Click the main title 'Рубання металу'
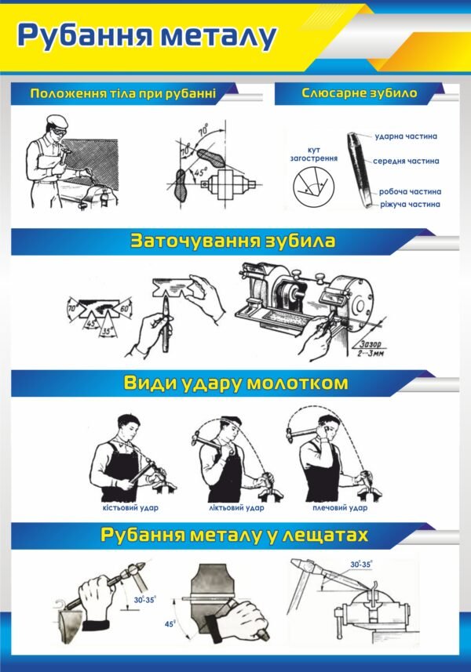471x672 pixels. pyautogui.click(x=148, y=36)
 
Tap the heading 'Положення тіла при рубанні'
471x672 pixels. pyautogui.click(x=122, y=94)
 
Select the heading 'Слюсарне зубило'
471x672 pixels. pyautogui.click(x=359, y=93)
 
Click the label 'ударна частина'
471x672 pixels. pyautogui.click(x=406, y=136)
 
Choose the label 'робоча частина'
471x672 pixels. pyautogui.click(x=409, y=191)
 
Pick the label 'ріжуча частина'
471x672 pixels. pyautogui.click(x=409, y=204)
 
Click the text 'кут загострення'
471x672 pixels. pyautogui.click(x=312, y=153)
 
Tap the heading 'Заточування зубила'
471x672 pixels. pyautogui.click(x=232, y=241)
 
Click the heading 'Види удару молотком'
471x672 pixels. pyautogui.click(x=235, y=383)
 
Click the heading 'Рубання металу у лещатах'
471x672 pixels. pyautogui.click(x=235, y=536)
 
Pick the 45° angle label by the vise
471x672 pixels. pyautogui.click(x=170, y=625)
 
